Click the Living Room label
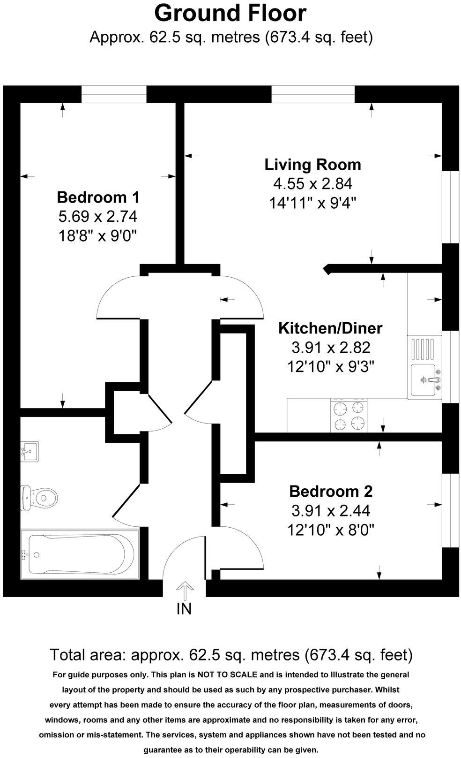312,165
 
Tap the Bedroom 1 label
98,197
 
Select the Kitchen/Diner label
330,328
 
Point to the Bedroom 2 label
331,491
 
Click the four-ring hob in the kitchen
349,416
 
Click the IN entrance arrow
184,591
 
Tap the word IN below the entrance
184,609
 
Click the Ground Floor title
230,13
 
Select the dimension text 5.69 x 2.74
97,216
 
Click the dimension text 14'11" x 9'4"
312,203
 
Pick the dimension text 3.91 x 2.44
331,510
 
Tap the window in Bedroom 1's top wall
114,94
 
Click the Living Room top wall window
313,94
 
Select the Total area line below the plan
231,654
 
